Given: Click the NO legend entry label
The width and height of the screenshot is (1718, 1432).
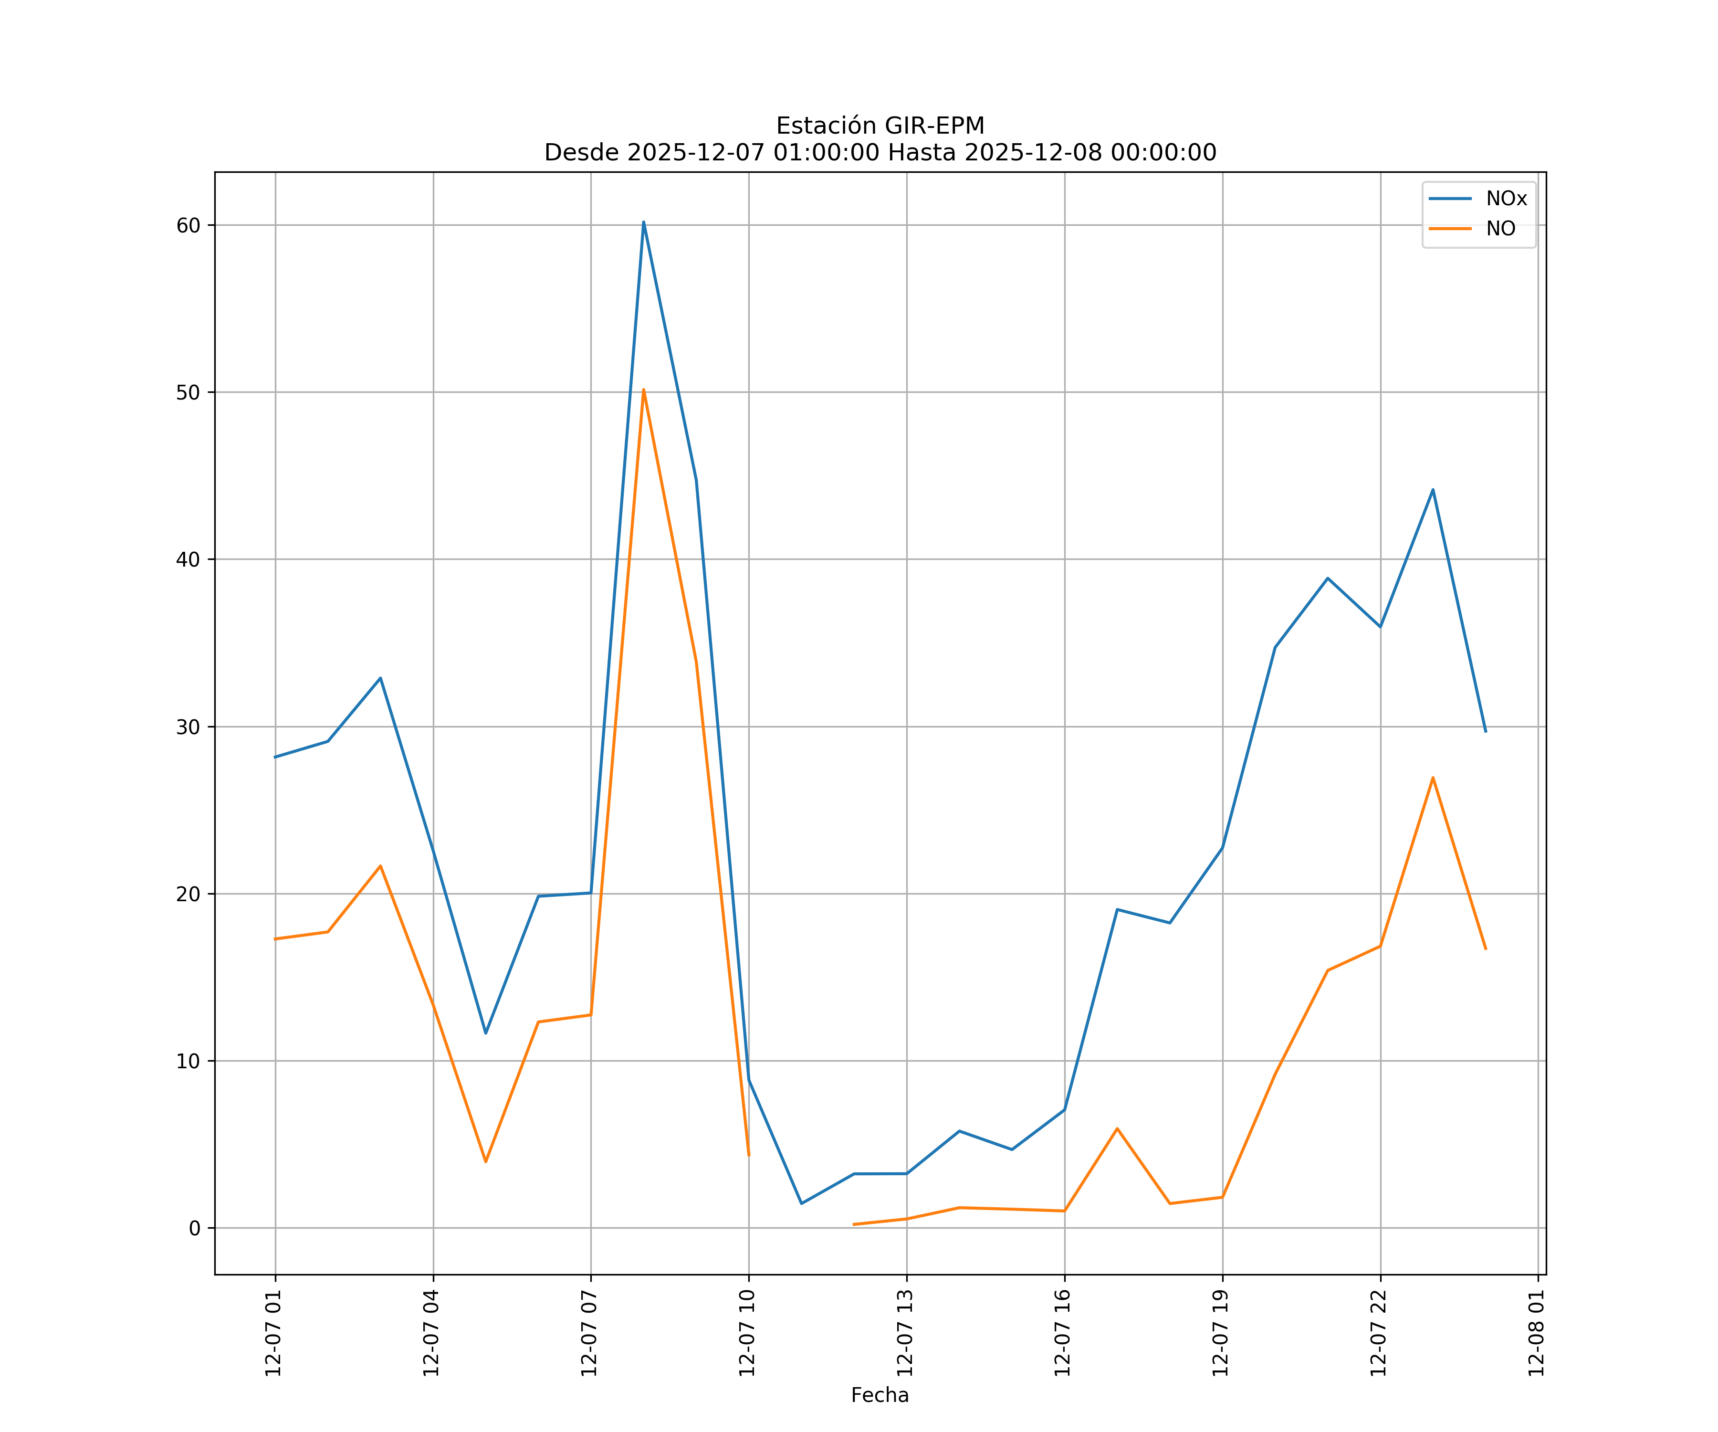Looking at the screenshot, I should click(1500, 229).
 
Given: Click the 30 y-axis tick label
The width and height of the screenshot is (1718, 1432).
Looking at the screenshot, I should click(188, 727).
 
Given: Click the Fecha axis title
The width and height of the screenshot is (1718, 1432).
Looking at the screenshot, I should click(880, 1395).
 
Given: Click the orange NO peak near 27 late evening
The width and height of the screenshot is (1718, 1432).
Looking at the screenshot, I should click(1433, 778).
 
